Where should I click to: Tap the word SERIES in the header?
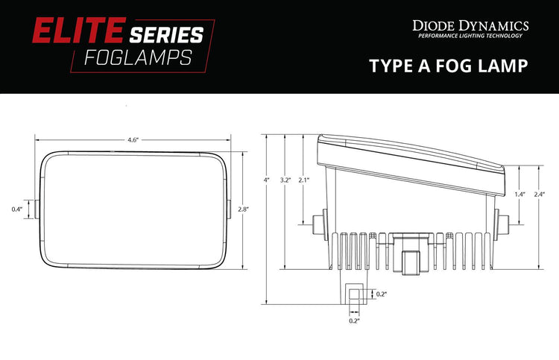pyautogui.click(x=166, y=34)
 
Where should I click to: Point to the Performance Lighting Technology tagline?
pyautogui.click(x=470, y=36)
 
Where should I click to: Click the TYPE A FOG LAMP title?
pyautogui.click(x=449, y=66)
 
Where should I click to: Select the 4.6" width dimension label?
pyautogui.click(x=133, y=140)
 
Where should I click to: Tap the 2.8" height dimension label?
pyautogui.click(x=242, y=210)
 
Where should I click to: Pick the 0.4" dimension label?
pyautogui.click(x=16, y=209)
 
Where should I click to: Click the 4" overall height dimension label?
pyautogui.click(x=266, y=180)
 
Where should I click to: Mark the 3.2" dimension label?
pyautogui.click(x=284, y=180)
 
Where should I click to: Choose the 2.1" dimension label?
pyautogui.click(x=303, y=180)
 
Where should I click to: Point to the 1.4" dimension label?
pyautogui.click(x=520, y=194)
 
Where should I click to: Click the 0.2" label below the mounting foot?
pyautogui.click(x=354, y=320)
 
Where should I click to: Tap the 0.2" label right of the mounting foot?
pyautogui.click(x=382, y=294)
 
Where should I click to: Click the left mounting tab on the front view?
pyautogui.click(x=35, y=209)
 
